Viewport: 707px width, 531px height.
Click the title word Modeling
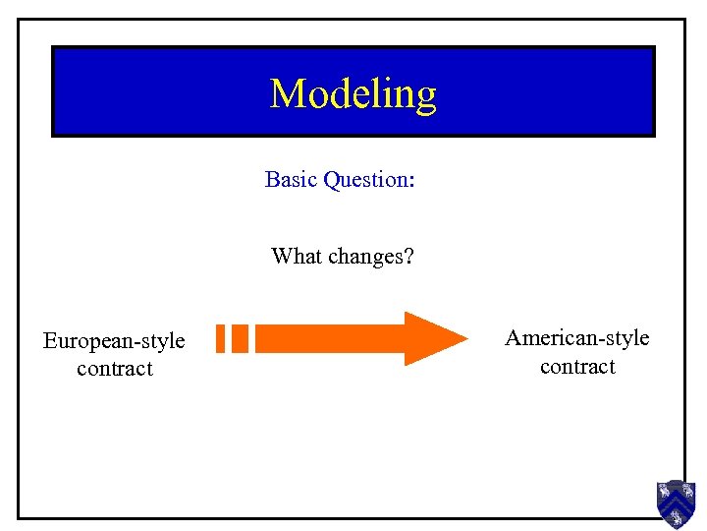point(353,94)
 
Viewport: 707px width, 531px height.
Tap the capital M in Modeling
point(286,93)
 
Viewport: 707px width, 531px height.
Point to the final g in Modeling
point(425,98)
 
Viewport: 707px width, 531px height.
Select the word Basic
point(287,180)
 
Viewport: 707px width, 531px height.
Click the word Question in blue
point(362,181)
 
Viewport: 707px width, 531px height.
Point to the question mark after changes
point(408,257)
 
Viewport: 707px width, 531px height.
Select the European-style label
point(114,341)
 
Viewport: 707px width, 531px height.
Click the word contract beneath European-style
point(115,369)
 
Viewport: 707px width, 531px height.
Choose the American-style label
point(577,338)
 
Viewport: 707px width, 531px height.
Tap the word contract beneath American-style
point(577,367)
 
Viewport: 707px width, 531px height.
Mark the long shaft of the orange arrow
point(329,338)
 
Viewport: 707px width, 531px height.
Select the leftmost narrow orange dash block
point(222,338)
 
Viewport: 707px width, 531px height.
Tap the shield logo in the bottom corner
point(676,503)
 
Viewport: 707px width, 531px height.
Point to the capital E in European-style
point(49,341)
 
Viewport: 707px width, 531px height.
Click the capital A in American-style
point(513,338)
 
